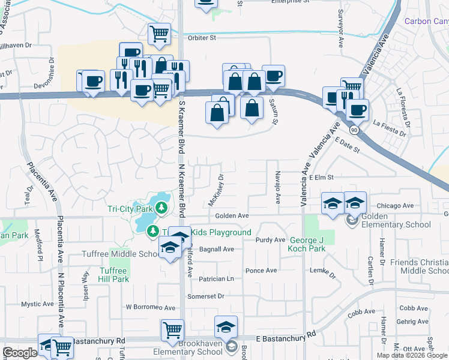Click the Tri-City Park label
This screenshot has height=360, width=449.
tap(130, 209)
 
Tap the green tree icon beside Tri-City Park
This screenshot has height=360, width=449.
tap(161, 208)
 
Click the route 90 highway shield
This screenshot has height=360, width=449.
tap(354, 129)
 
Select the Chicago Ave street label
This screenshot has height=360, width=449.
tap(396, 205)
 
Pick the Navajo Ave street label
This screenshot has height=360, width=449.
tap(278, 188)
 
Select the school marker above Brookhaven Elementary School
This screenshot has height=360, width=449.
tap(226, 327)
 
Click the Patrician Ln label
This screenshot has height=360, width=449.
tap(217, 279)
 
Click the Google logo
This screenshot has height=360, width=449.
tap(20, 353)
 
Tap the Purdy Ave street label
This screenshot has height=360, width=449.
tap(270, 240)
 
